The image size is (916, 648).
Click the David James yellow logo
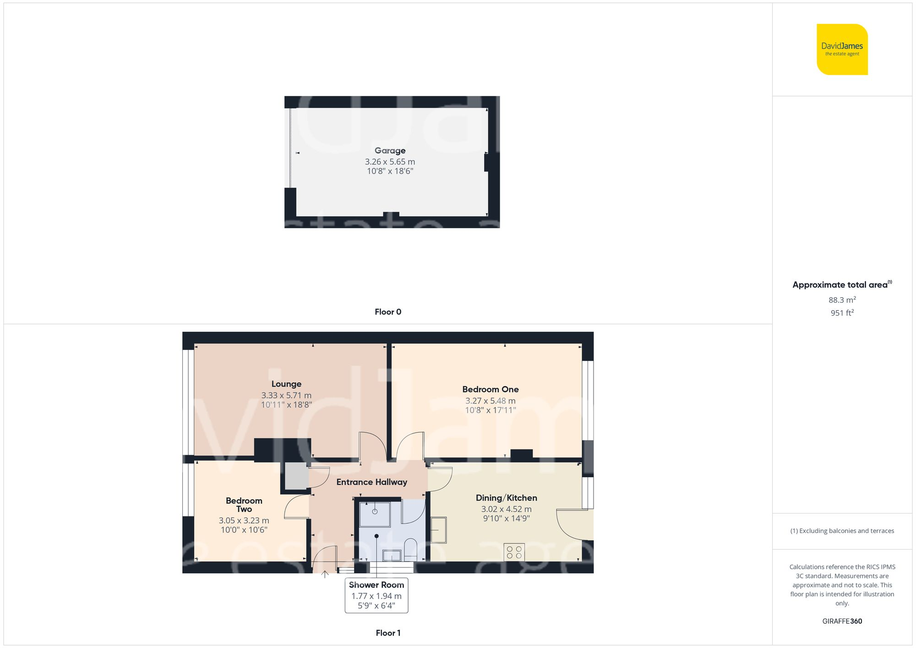[x=842, y=49]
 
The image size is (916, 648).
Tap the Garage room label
[x=390, y=151]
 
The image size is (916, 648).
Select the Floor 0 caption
[x=387, y=312]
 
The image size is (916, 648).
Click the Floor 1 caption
[x=387, y=633]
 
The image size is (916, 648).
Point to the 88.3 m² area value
[x=842, y=300]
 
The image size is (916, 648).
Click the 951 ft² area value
[x=842, y=313]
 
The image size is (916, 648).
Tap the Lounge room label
[x=286, y=384]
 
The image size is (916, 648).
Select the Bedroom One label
[x=490, y=389]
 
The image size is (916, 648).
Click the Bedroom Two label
[x=244, y=505]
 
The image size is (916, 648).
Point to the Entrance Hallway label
[x=371, y=482]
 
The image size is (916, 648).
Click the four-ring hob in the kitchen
[x=514, y=552]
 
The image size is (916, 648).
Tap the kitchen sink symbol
[x=438, y=530]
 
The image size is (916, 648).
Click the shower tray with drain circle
[x=374, y=514]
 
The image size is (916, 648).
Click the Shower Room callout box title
[x=376, y=585]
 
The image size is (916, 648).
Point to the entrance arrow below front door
[x=325, y=574]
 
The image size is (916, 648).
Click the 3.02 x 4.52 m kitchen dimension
[x=506, y=509]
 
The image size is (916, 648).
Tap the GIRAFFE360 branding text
[x=842, y=621]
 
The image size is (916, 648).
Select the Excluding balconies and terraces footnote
[x=842, y=531]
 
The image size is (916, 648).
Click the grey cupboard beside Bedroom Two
[x=296, y=476]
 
